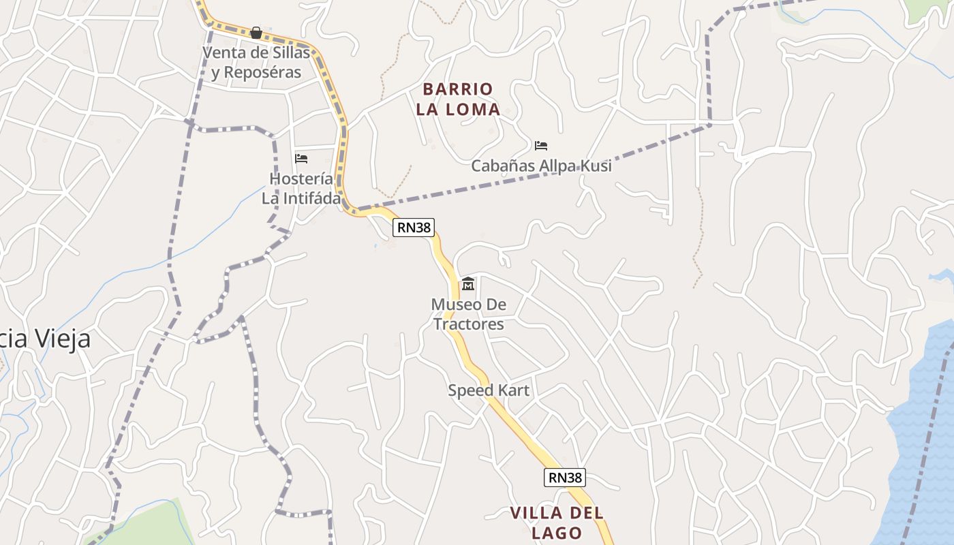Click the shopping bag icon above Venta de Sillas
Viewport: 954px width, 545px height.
click(256, 33)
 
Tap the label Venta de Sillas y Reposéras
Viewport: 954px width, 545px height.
click(256, 63)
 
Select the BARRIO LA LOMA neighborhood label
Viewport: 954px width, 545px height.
click(458, 99)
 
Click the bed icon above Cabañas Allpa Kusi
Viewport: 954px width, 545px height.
click(541, 146)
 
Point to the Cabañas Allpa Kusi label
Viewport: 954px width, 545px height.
click(541, 166)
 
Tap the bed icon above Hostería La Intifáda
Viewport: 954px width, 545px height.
click(301, 159)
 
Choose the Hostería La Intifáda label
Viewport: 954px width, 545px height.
click(301, 189)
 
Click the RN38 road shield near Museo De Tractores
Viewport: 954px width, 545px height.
click(414, 228)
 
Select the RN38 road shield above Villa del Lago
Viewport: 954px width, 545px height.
click(565, 478)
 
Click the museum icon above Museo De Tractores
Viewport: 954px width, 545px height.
click(468, 284)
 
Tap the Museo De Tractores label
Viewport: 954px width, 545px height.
click(468, 314)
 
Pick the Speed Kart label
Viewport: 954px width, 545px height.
click(488, 390)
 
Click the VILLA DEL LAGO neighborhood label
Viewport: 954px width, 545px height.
click(557, 523)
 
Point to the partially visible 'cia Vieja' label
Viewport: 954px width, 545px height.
click(45, 339)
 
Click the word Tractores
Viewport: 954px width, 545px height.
click(468, 324)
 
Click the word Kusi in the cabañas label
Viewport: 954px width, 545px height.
click(595, 166)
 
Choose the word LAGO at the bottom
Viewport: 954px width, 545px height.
click(557, 533)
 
